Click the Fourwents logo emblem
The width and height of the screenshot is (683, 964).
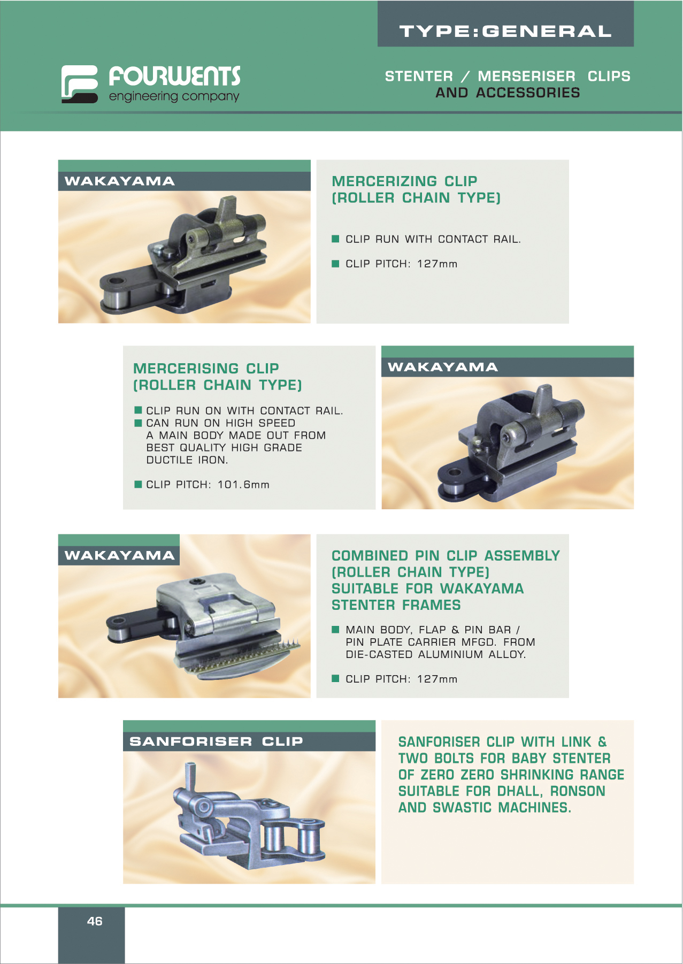click(79, 84)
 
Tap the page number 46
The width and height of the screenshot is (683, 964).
click(95, 921)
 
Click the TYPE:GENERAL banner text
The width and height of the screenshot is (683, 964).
click(505, 31)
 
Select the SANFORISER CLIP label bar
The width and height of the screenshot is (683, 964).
click(249, 741)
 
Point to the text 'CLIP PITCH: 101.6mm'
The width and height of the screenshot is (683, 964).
click(208, 485)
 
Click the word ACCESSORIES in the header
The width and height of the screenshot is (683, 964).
click(528, 93)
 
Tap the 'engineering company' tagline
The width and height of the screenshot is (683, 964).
click(174, 97)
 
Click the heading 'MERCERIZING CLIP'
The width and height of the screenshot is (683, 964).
click(404, 181)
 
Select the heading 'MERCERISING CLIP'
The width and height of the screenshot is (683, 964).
click(206, 369)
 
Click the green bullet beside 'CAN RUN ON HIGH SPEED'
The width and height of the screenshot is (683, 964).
click(138, 423)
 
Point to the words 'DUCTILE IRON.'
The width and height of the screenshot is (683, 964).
click(187, 460)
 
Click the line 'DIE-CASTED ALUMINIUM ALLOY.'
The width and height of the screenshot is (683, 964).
click(436, 654)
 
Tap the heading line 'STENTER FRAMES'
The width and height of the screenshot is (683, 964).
click(396, 605)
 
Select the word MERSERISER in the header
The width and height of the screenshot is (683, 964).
click(526, 76)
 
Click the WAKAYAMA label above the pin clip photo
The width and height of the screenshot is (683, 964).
click(119, 555)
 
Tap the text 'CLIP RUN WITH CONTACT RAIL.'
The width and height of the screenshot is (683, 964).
click(433, 239)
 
